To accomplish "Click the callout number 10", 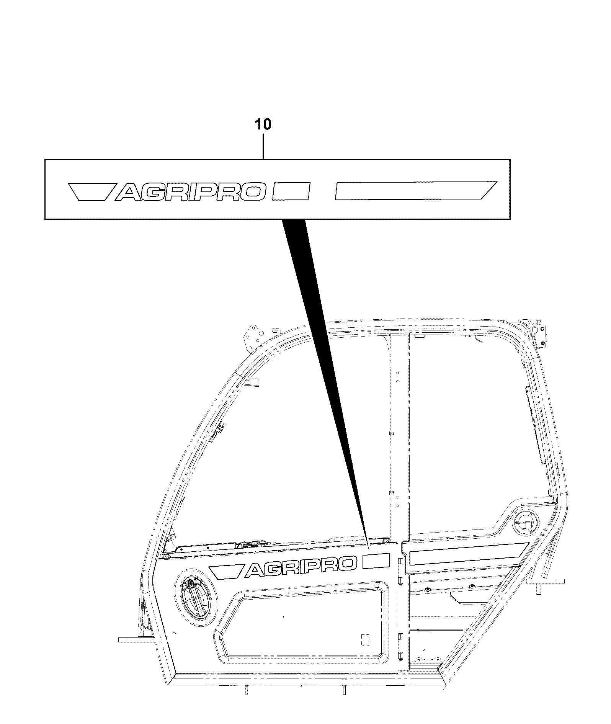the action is coord(263,125).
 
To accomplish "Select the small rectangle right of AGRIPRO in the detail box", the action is coord(291,191).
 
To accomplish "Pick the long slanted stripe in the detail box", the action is coord(416,190).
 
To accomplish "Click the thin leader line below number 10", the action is coord(263,145).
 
